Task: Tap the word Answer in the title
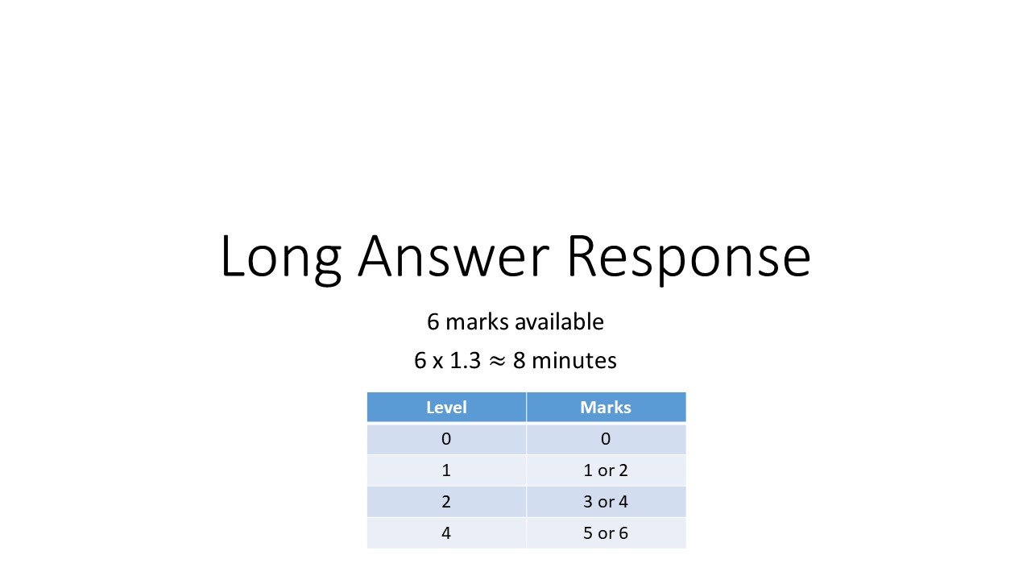[x=453, y=256]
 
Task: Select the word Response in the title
[x=689, y=256]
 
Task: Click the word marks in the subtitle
[x=478, y=322]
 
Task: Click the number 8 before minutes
[x=520, y=361]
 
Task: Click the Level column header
[x=446, y=407]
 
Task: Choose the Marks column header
[x=606, y=407]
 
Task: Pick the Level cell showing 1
[x=446, y=470]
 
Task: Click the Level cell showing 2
[x=446, y=502]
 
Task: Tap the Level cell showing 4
[x=446, y=533]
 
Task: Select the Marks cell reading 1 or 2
[x=606, y=470]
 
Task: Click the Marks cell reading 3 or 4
[x=606, y=502]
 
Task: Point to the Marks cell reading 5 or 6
[x=606, y=533]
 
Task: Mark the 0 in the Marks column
[x=606, y=439]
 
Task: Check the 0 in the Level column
[x=446, y=439]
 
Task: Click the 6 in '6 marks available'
[x=433, y=322]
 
